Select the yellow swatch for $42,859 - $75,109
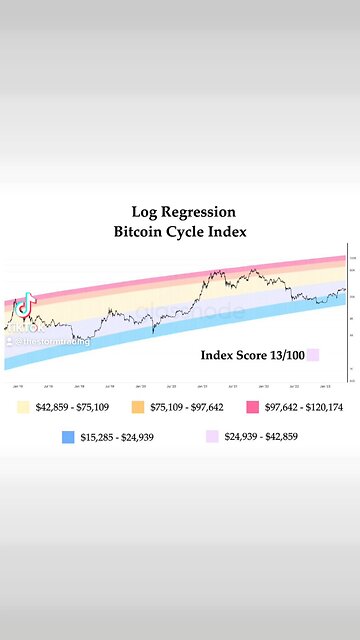(x=24, y=381)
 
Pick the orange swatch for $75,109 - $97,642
(x=139, y=381)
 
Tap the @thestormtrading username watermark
(x=48, y=313)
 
